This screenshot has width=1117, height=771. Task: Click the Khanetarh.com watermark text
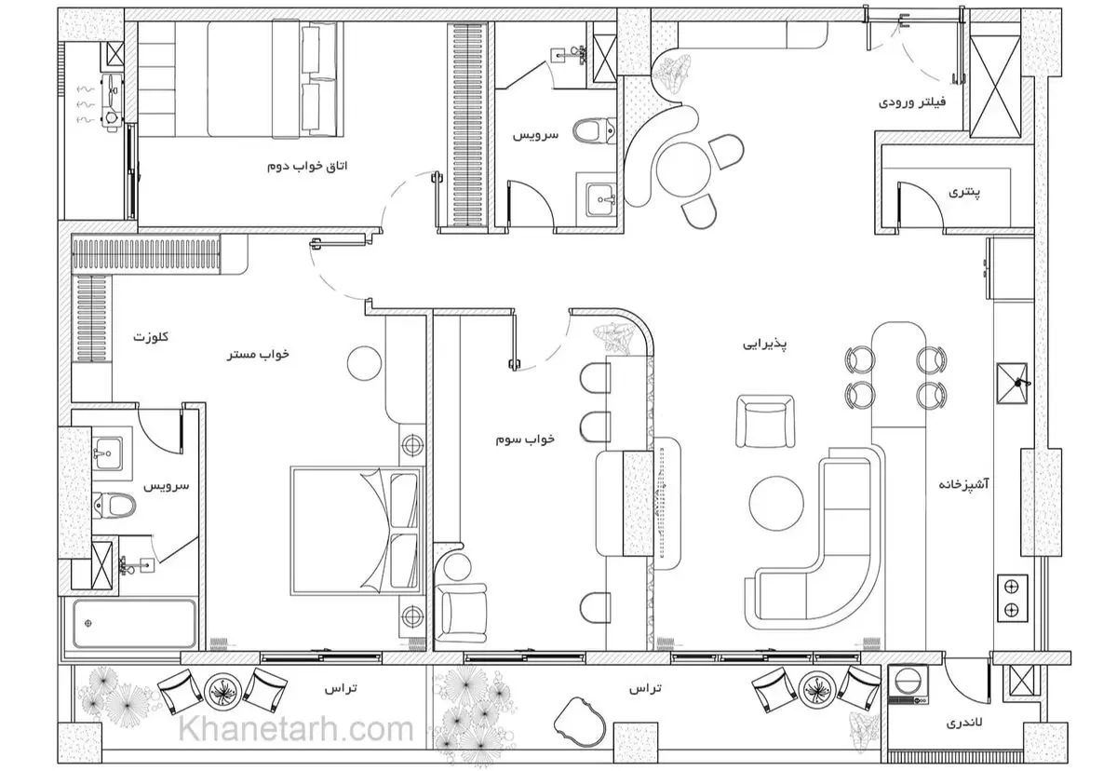(x=296, y=730)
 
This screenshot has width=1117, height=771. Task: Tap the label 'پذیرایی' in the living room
(x=765, y=345)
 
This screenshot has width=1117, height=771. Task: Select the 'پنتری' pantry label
(x=964, y=193)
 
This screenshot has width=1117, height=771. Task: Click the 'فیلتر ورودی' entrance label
(x=912, y=102)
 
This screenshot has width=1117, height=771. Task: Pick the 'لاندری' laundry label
(x=964, y=723)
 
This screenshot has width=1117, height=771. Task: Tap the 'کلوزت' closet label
(x=151, y=337)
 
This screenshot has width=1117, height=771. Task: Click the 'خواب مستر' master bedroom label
(x=259, y=355)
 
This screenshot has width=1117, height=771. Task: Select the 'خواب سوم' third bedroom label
(x=525, y=440)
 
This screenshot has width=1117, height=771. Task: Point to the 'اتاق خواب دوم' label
(x=307, y=166)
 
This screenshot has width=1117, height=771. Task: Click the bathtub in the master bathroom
(x=134, y=624)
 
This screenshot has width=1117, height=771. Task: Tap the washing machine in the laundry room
(x=908, y=683)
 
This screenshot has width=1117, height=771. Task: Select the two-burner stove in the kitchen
(x=1013, y=598)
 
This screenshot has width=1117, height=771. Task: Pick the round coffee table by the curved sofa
(x=776, y=503)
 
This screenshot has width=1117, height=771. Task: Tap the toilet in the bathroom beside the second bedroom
(x=595, y=130)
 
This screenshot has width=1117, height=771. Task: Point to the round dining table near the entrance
(x=682, y=169)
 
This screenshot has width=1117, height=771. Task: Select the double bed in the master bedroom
(x=357, y=531)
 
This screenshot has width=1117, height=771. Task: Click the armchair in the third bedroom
(x=461, y=613)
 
